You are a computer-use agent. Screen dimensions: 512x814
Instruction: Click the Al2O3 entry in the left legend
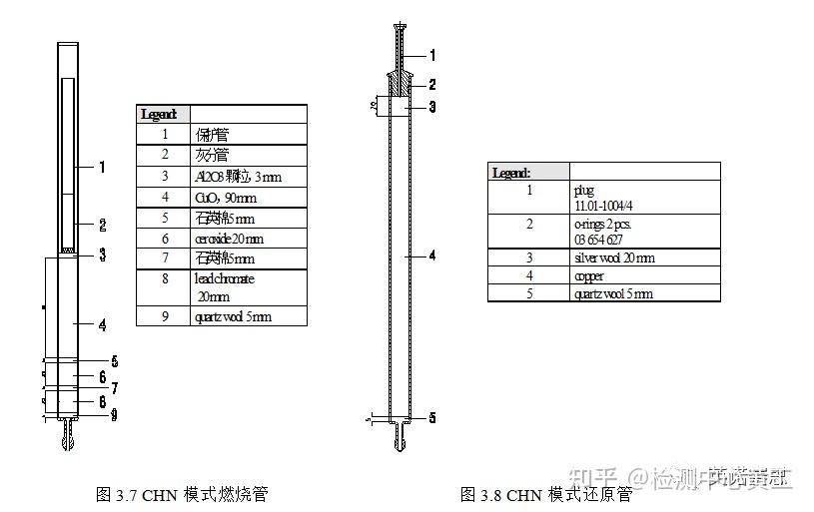(227, 176)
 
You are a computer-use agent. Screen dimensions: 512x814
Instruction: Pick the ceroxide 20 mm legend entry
(229, 239)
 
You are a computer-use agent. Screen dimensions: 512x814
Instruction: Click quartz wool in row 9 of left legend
(233, 316)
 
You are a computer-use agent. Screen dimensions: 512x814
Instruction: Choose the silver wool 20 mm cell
(614, 257)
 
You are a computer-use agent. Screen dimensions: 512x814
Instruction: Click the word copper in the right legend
(589, 275)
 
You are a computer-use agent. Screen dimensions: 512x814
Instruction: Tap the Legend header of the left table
(161, 114)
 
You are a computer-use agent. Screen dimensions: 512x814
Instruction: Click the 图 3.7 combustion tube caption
(182, 494)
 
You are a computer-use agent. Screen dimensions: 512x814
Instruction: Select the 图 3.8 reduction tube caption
(546, 494)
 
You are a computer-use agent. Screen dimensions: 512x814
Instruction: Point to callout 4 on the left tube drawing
(102, 324)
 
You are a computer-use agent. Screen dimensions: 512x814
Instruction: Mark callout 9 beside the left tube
(114, 415)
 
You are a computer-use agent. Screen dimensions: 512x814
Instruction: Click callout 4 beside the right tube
(432, 256)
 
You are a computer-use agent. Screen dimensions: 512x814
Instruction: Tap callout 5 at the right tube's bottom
(432, 417)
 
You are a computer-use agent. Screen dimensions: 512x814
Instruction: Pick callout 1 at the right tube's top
(432, 55)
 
